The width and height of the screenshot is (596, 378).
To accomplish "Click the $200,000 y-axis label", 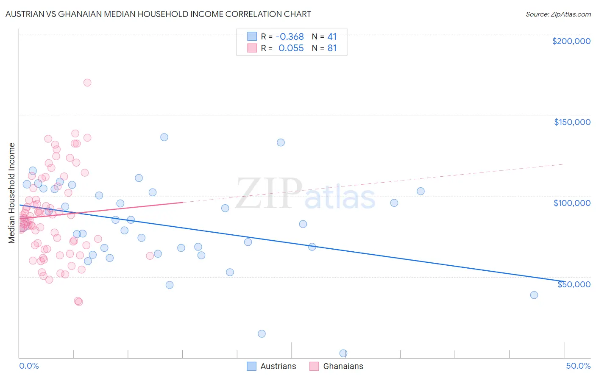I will pyautogui.click(x=571, y=41).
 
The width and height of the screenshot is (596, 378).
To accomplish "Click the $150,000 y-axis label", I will pyautogui.click(x=572, y=122).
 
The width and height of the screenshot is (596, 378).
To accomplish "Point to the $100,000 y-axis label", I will pyautogui.click(x=572, y=203).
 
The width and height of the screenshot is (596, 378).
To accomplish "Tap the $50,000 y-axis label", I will pyautogui.click(x=574, y=284).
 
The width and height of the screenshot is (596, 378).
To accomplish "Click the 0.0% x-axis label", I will pyautogui.click(x=29, y=366).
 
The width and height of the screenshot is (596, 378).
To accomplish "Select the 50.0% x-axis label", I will pyautogui.click(x=578, y=366).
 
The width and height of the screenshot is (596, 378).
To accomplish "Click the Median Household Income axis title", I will pyautogui.click(x=12, y=193).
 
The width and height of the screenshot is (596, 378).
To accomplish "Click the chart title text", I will pyautogui.click(x=158, y=14).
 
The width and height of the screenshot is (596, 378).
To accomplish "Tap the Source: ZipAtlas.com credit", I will pyautogui.click(x=558, y=14).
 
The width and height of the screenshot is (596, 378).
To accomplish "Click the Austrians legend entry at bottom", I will pyautogui.click(x=272, y=366).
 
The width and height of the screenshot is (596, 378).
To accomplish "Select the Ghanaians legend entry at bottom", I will pyautogui.click(x=336, y=366).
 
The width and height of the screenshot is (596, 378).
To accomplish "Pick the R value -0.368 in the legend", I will pyautogui.click(x=290, y=36).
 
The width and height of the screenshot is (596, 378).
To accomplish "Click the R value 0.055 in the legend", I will pyautogui.click(x=291, y=48).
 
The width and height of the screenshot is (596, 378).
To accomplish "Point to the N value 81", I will pyautogui.click(x=332, y=48).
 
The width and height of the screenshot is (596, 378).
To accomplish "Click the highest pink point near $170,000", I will pyautogui.click(x=87, y=83).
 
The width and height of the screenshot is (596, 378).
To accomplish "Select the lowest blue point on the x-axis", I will pyautogui.click(x=343, y=353).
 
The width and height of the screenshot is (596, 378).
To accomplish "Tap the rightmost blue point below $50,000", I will pyautogui.click(x=534, y=295).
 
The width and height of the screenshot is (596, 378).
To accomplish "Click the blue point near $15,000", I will pyautogui.click(x=262, y=334).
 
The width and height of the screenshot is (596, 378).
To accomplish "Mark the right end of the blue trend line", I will pyautogui.click(x=563, y=281).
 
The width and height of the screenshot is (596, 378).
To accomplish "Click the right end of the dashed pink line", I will pyautogui.click(x=563, y=164).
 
